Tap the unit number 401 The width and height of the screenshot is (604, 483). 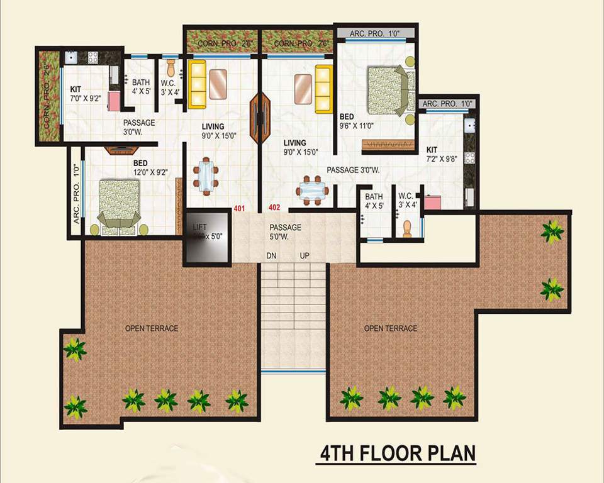(239, 208)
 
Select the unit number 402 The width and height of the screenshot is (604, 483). (274, 208)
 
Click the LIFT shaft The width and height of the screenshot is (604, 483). (204, 236)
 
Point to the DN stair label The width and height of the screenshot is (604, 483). (271, 256)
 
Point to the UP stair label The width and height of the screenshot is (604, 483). (303, 256)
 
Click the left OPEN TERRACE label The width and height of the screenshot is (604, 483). (151, 328)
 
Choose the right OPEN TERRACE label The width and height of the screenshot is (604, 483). (390, 328)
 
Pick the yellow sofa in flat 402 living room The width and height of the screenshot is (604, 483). (324, 89)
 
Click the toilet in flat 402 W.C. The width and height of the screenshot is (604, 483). (407, 229)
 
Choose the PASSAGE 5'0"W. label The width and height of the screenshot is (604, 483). (285, 232)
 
